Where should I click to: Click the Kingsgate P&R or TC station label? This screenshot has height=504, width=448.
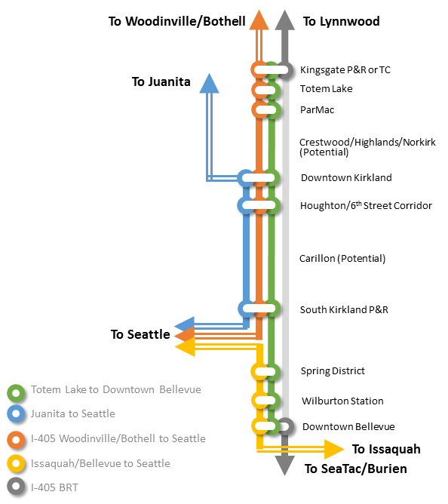(345, 70)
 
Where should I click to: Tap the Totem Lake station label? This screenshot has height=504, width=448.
(327, 89)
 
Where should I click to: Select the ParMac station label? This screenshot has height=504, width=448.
(318, 110)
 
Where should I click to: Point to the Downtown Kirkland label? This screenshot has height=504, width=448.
(346, 178)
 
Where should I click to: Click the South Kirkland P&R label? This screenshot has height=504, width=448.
(344, 309)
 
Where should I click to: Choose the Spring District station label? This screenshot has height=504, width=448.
(333, 371)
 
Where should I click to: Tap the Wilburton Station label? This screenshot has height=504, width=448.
(342, 401)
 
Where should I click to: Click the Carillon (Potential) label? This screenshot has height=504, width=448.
(342, 259)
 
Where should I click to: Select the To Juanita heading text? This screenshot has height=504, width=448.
(161, 81)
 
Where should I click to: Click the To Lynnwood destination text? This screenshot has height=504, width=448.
(342, 21)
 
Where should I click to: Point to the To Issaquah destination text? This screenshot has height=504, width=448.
(386, 449)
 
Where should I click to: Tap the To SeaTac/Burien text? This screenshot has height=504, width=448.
(356, 469)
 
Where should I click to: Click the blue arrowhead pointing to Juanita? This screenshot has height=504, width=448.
(209, 85)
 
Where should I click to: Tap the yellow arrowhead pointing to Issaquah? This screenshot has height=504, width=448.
(334, 449)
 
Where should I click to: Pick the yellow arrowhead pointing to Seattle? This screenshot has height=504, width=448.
(185, 347)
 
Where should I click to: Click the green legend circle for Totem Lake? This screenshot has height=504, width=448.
(16, 393)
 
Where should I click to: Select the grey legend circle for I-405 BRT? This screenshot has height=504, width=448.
(16, 487)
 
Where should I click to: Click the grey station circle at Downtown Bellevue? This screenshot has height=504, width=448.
(285, 426)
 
